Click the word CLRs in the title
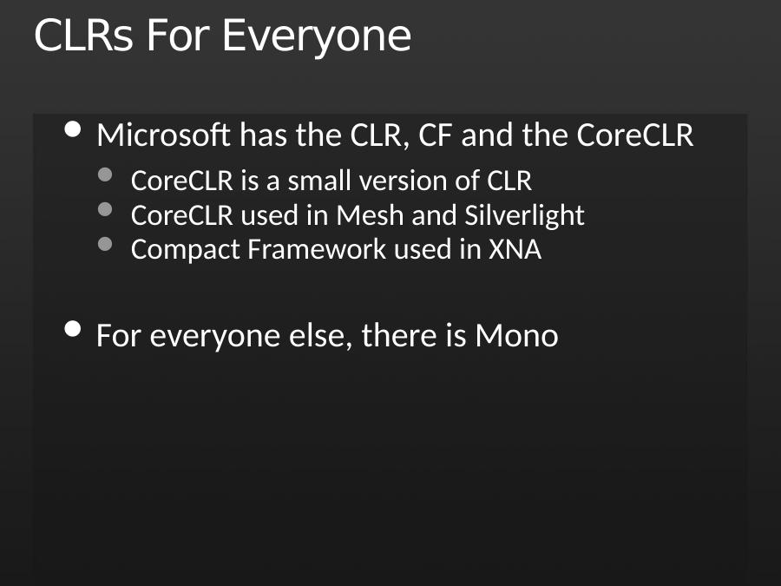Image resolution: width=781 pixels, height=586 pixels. click(83, 36)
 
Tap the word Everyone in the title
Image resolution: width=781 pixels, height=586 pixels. click(317, 38)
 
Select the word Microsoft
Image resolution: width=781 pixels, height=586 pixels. click(164, 135)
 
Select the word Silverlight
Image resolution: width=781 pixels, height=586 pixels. click(524, 216)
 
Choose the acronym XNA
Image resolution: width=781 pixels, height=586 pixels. click(515, 250)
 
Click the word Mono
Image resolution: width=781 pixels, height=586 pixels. click(516, 336)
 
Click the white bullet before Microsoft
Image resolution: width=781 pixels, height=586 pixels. click(73, 129)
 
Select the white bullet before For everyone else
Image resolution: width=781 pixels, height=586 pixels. click(73, 329)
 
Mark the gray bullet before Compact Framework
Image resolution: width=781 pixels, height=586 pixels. click(105, 244)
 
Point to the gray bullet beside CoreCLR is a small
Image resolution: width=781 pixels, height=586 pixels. click(105, 174)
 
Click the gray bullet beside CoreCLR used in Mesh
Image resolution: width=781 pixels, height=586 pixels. click(105, 209)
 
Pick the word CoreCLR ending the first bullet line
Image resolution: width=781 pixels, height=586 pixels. click(635, 135)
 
